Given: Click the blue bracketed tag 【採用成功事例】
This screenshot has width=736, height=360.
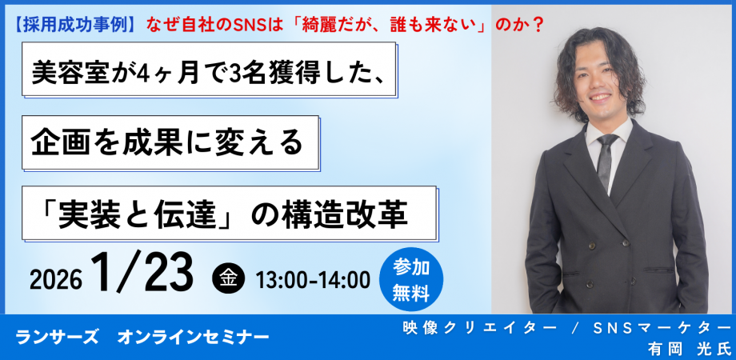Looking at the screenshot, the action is pyautogui.click(x=75, y=24).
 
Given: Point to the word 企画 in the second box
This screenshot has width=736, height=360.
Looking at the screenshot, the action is pyautogui.click(x=58, y=144).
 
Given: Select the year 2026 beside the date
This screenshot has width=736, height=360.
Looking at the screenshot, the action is pyautogui.click(x=55, y=281).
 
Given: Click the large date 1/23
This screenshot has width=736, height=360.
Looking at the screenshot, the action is pyautogui.click(x=142, y=274).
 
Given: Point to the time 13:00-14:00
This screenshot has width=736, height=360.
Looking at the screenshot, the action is pyautogui.click(x=313, y=281).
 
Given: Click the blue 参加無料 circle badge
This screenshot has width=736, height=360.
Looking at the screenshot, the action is pyautogui.click(x=410, y=279).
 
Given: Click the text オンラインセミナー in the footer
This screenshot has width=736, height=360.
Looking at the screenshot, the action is pyautogui.click(x=194, y=337).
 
